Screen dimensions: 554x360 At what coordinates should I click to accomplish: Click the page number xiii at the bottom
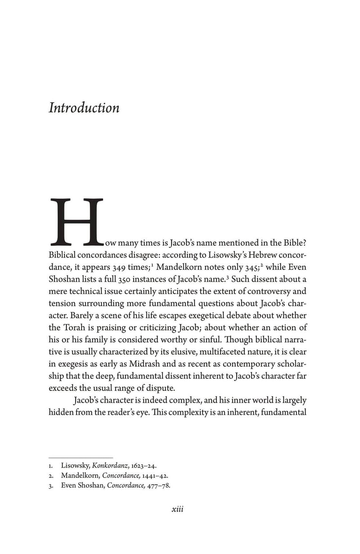pyautogui.click(x=178, y=510)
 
